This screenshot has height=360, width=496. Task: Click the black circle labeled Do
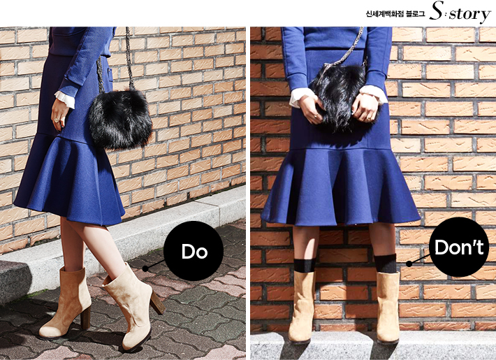[x=194, y=251]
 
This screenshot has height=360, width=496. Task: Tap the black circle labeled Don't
[x=459, y=247]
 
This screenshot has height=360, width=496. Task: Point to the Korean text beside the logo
[x=395, y=14]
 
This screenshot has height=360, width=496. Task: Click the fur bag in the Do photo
[x=120, y=120]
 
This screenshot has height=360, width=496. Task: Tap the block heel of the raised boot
[x=157, y=303]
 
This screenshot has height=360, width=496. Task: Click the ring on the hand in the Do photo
[x=57, y=120]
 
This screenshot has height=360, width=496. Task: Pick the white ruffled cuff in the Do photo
[x=65, y=99]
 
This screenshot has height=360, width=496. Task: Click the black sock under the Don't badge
[x=385, y=264]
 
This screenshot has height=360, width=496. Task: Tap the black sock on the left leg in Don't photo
[x=305, y=266]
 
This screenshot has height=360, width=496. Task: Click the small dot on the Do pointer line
[x=145, y=268]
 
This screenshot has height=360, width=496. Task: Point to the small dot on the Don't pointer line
[x=409, y=264]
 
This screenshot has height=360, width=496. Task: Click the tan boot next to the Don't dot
[x=388, y=307]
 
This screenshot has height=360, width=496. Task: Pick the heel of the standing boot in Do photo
[x=85, y=317]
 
